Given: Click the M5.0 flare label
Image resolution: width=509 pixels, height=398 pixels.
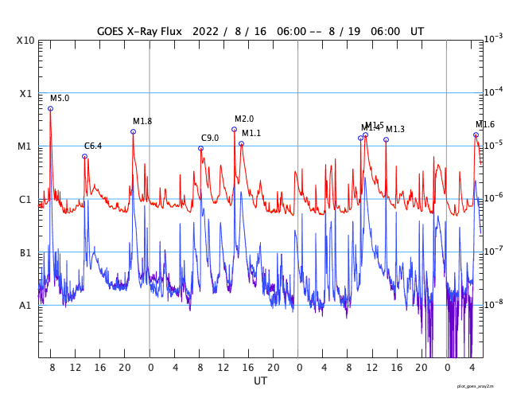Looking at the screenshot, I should coord(60,98).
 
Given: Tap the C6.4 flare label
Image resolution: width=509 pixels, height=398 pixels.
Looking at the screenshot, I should coord(93,146).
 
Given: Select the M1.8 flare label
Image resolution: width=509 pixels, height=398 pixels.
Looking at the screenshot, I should coord(142,121).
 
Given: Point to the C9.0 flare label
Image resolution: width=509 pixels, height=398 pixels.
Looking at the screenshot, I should coord(210,138).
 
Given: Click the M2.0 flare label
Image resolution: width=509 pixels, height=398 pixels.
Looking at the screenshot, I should coord(244,119).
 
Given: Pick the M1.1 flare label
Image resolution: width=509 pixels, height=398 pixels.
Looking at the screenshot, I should coord(251,133).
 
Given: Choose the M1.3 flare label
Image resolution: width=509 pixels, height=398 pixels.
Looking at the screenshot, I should coord(395,129).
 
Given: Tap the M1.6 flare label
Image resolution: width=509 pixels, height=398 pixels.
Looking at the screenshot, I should coord(485,124).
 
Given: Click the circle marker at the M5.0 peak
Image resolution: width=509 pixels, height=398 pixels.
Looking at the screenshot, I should coord(50,108).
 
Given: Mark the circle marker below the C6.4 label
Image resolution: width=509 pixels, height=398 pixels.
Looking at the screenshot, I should coord(84,156).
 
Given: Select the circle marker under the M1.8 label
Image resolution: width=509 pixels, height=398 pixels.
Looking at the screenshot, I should coord(133,131).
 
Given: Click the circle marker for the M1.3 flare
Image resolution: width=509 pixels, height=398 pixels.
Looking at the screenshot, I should coord(386,139).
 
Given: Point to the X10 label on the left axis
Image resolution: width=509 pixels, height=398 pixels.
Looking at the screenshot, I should coord(25,41).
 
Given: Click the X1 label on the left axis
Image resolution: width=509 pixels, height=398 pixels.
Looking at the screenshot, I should coord(25,93).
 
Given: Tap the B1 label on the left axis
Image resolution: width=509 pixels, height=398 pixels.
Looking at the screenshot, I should coord(25,252).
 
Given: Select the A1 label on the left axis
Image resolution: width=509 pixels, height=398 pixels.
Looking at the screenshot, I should coord(25,305).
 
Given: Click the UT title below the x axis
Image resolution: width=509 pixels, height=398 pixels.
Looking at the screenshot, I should coord(260,381).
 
